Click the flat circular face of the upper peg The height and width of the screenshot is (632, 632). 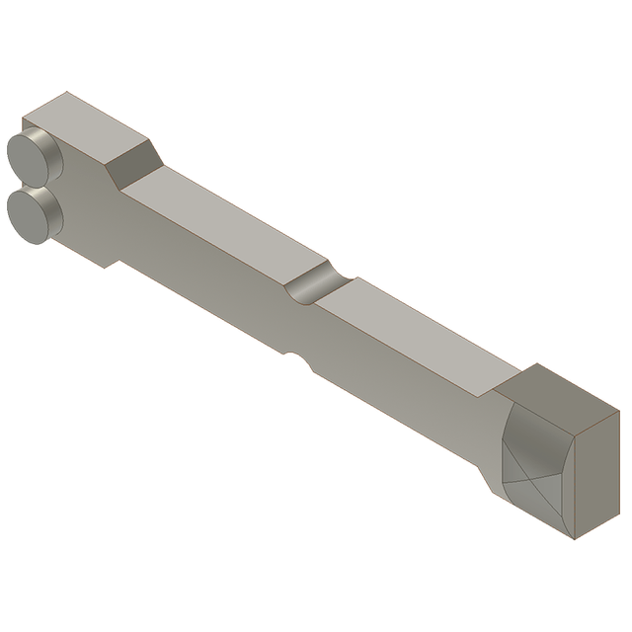click(x=23, y=155)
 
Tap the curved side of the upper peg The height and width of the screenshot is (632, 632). click(x=46, y=150)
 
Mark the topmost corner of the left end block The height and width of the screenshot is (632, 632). click(x=66, y=93)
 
